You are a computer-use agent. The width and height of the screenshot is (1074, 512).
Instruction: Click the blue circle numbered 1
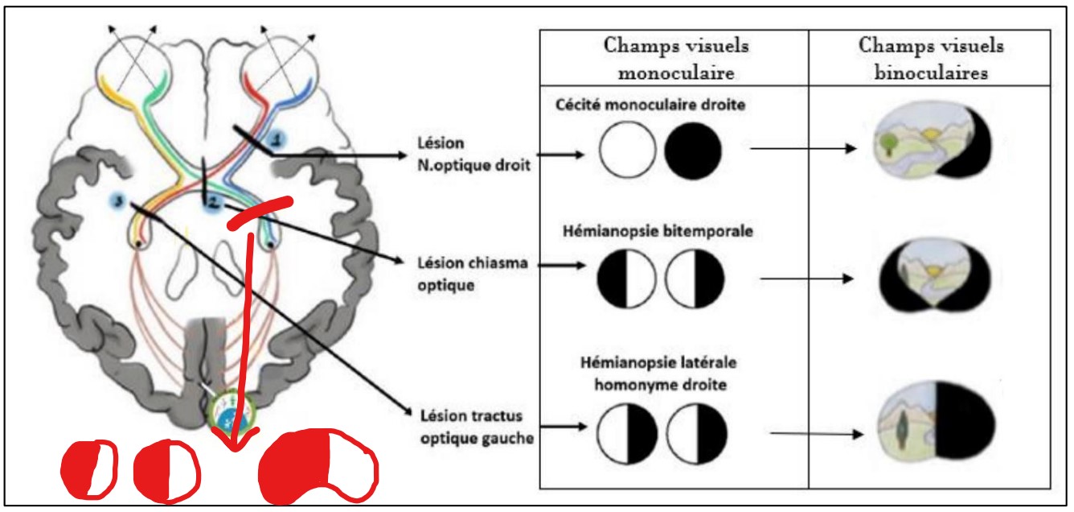tap(276, 139)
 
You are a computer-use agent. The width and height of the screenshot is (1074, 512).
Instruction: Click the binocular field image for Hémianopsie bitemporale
tap(931, 276)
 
